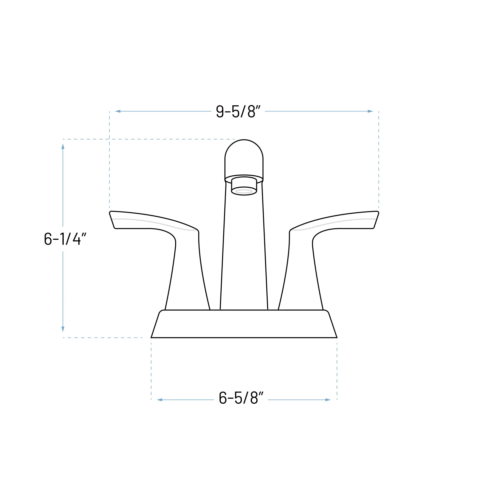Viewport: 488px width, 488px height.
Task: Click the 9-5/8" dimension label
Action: (238, 111)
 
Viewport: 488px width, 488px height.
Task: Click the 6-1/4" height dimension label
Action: (65, 239)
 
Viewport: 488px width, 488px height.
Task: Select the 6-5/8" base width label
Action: (241, 398)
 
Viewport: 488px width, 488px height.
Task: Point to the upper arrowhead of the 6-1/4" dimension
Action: (63, 147)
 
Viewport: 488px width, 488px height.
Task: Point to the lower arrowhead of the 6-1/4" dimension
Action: (63, 329)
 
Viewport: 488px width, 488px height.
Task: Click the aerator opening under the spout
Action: (244, 191)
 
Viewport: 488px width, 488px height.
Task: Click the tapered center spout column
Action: (244, 253)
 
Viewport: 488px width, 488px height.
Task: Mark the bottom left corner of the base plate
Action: (152, 337)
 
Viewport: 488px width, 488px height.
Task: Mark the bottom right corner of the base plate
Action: (336, 337)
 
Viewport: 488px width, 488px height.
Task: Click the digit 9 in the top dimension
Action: (220, 111)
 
